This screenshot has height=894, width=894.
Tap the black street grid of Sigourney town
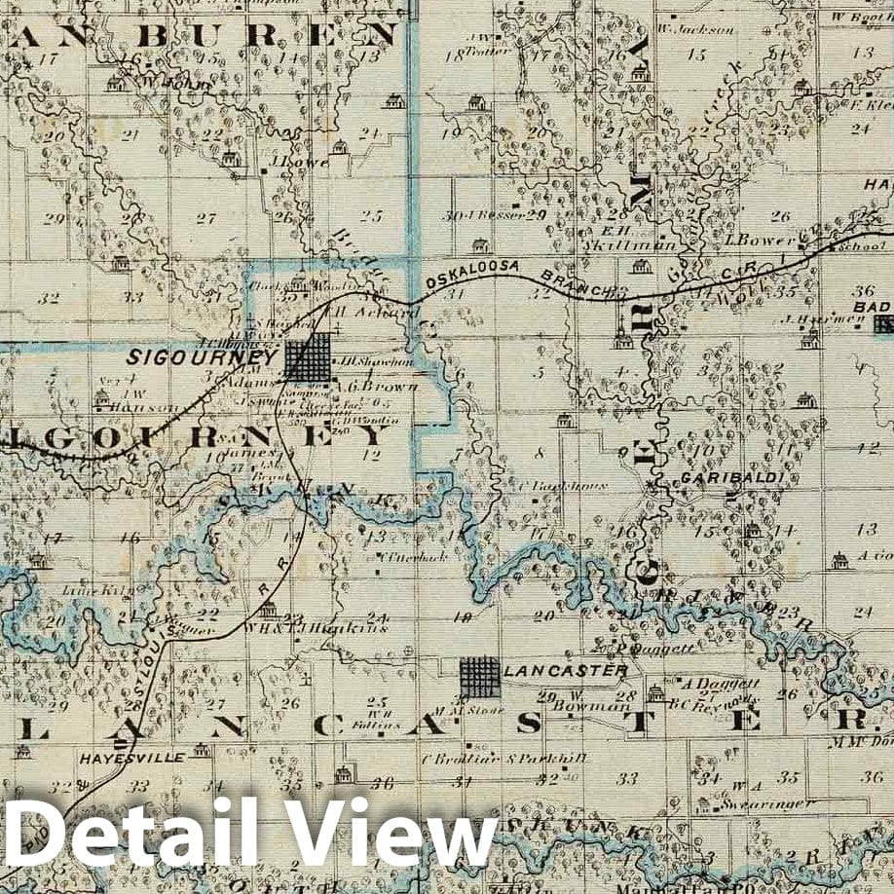[310, 358]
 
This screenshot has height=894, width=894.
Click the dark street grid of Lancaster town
[480, 677]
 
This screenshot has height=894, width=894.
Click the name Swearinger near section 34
[768, 803]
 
